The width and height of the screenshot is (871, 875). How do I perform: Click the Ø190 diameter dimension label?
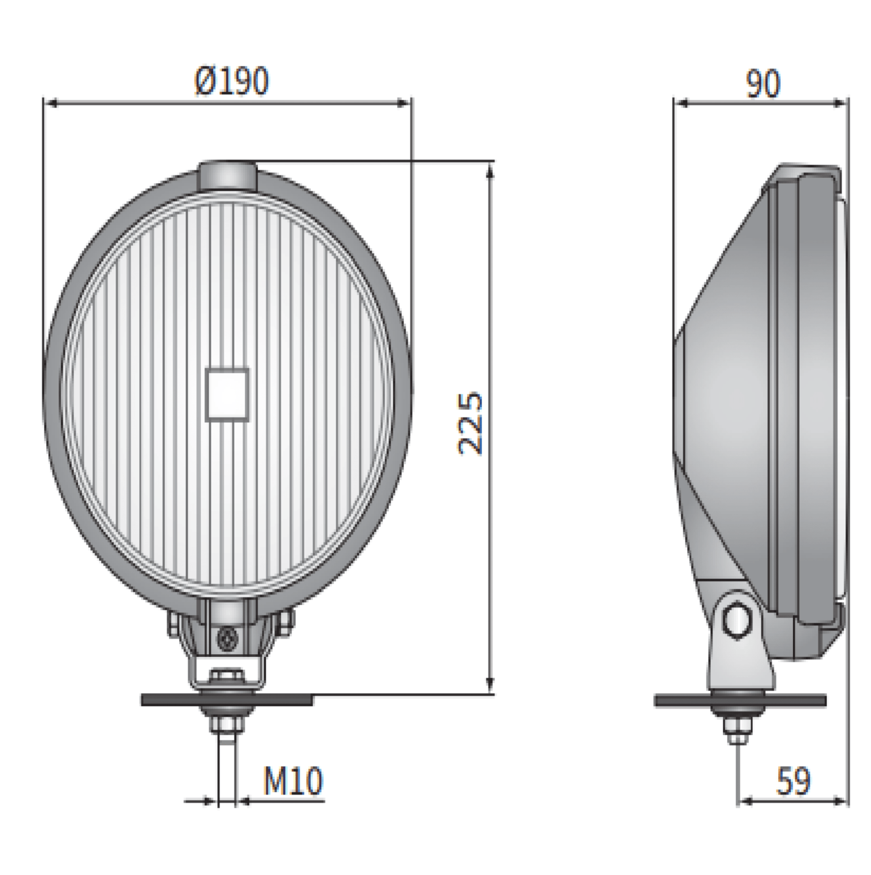(x=231, y=81)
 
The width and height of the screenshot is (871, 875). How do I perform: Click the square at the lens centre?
(x=227, y=395)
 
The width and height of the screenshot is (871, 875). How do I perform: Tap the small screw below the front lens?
(x=227, y=639)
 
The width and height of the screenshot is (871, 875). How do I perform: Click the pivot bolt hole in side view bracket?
(x=737, y=621)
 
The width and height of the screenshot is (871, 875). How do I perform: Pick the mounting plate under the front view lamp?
(x=226, y=700)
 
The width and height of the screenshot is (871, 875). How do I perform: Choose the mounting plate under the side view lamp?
(x=740, y=701)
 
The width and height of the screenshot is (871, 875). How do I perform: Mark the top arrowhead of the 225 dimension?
(x=490, y=172)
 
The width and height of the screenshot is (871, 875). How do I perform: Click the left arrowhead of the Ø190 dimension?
(x=52, y=104)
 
